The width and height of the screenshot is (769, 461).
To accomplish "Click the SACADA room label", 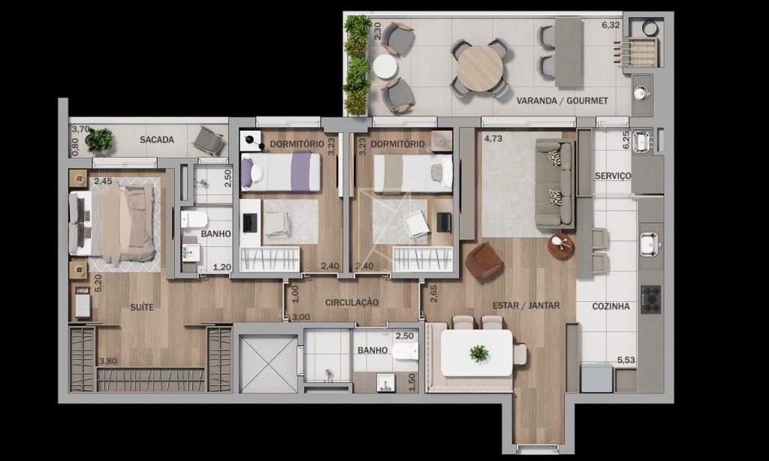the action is tap(157, 140).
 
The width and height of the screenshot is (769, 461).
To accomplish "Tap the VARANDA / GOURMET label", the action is tap(562, 101).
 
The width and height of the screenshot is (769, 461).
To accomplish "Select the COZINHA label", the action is tap(611, 306).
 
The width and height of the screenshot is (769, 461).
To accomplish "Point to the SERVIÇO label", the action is tap(613, 176).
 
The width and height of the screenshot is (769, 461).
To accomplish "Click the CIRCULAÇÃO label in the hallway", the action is tap(351, 303).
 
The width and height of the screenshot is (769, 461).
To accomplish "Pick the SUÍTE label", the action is tap(142, 308).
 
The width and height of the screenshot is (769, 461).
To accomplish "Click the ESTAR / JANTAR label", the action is tap(526, 306).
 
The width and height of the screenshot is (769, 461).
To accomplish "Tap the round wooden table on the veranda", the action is tap(480, 68).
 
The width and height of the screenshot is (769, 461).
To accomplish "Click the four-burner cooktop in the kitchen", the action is tap(651, 299).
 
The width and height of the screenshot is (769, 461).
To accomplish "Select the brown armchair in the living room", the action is tap(484, 261).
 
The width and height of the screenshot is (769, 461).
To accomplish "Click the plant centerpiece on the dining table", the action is tap(478, 353).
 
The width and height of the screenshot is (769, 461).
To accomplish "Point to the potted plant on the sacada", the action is tap(100, 140).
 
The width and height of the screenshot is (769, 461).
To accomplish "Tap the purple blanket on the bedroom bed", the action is tap(301, 171).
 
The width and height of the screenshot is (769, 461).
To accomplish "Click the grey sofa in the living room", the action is tap(555, 184).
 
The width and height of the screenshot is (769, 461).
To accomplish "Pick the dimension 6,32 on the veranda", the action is tap(611, 25).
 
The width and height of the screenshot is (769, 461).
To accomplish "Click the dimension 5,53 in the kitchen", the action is tap(626, 360).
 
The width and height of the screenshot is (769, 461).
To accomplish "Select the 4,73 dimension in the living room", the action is tap(493, 139).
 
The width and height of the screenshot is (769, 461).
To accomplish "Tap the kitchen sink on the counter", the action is tap(651, 244).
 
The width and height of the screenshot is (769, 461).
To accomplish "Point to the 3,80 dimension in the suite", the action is tap(108, 361).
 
